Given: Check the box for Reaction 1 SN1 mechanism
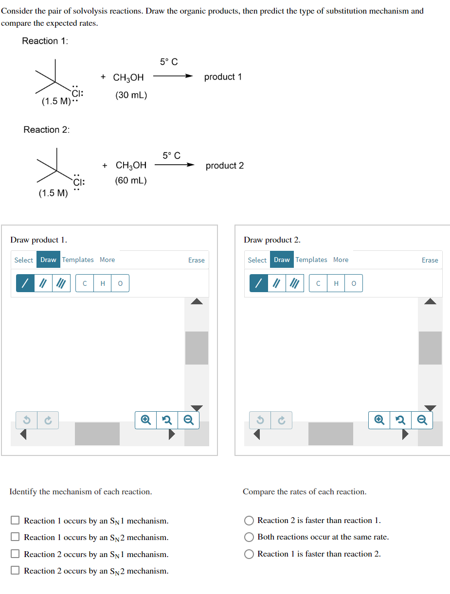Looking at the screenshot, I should (x=15, y=521).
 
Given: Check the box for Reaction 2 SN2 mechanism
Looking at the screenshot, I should (x=15, y=571).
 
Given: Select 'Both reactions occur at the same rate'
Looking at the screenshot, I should (x=249, y=537).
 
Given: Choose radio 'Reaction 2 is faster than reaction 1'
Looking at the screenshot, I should (x=249, y=521).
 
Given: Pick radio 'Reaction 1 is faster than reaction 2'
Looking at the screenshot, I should (x=249, y=554).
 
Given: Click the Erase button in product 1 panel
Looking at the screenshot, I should (x=196, y=260).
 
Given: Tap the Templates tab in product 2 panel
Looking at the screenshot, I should (x=311, y=260).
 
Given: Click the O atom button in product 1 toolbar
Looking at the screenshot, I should (x=120, y=283).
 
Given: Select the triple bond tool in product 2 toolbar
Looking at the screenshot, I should (x=293, y=283).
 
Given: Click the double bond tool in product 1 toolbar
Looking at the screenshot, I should (x=43, y=283).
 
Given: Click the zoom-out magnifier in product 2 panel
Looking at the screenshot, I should (x=422, y=420).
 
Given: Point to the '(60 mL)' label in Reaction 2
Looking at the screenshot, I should (x=131, y=180).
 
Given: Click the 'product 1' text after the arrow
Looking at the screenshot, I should (x=223, y=77).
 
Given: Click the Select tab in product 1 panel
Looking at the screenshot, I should (x=23, y=260).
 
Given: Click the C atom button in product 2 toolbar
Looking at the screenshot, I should (x=318, y=283).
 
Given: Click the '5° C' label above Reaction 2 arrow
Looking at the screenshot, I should (x=171, y=156).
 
